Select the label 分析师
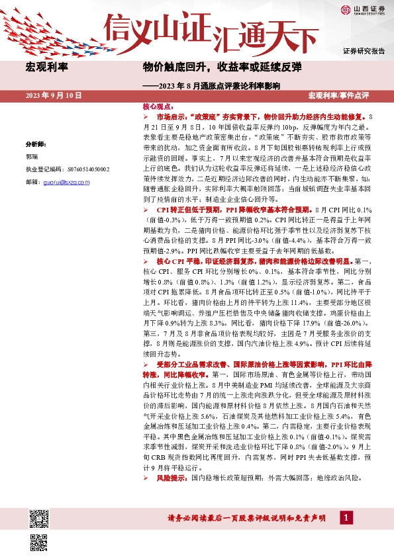point(36,144)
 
